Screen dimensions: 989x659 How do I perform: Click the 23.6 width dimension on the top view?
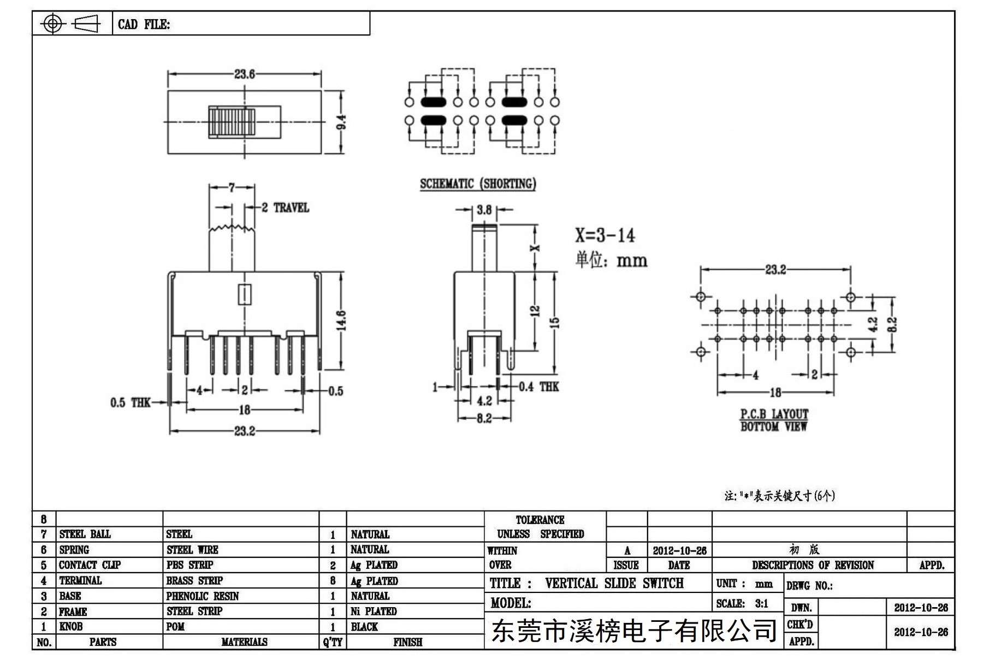coord(244,74)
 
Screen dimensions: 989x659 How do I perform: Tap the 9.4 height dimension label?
coord(341,122)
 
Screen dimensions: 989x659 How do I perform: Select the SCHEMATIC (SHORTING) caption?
coord(478,183)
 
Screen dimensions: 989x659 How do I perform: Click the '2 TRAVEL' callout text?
coord(285,208)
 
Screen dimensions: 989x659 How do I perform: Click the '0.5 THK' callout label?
coord(130,403)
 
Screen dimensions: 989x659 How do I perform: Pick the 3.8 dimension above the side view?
coord(484,210)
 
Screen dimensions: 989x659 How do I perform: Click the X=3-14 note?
coord(605,235)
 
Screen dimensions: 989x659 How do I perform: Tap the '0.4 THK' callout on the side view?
coord(538,387)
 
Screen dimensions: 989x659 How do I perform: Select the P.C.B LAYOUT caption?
coord(774,414)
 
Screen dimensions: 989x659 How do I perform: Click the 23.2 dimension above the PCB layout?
coord(775,270)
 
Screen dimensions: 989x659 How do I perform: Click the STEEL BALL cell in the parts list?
coord(85,534)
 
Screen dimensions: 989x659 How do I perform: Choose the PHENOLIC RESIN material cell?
coord(203,596)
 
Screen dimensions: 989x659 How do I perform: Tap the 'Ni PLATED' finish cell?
coord(374,611)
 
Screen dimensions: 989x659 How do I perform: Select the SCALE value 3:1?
coord(761,604)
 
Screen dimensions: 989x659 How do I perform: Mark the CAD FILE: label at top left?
coord(144,25)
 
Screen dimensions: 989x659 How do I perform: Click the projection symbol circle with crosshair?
coord(52,23)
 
